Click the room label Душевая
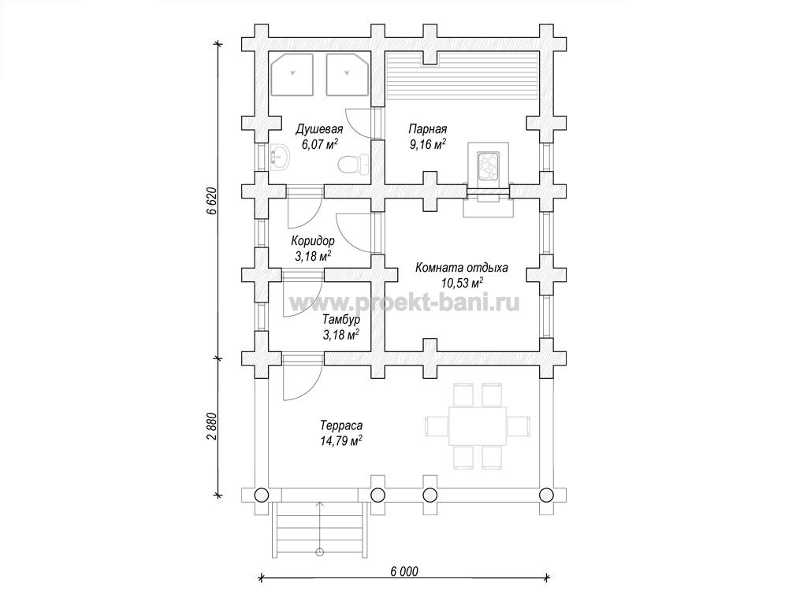coord(319,128)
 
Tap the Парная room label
coord(428,128)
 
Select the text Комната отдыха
coord(462,268)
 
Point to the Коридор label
coord(312,241)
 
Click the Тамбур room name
coord(341,319)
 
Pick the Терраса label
coord(341,425)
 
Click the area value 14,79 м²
coord(341,440)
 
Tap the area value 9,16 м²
coord(428,144)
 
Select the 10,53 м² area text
coord(462,283)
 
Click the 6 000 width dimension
coord(404,572)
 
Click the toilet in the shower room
coord(353,164)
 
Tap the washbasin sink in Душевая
coord(280,157)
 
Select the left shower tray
coord(292,75)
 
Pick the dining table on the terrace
coord(477,426)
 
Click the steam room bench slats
coord(462,76)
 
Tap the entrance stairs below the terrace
coord(320,529)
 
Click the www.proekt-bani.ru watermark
coord(404,302)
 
